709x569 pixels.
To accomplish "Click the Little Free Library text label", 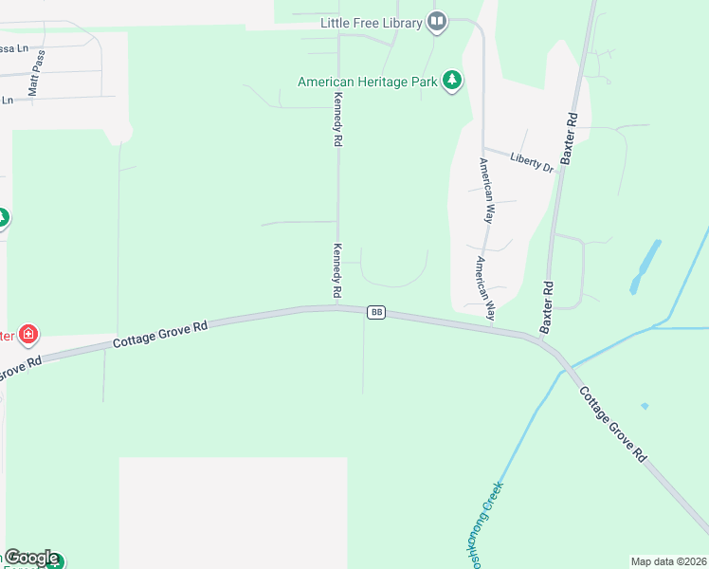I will point(371,23).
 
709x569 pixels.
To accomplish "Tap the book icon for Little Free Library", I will point(436,22).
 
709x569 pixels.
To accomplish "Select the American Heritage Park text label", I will point(367,82).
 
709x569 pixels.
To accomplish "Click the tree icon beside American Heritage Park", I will point(453,81).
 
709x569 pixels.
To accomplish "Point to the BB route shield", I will point(376,312).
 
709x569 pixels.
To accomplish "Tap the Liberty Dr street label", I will point(531,162).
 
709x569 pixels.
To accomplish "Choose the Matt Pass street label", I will point(36,73).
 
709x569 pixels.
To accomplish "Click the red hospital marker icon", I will point(29,334).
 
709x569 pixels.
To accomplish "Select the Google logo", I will point(30,558).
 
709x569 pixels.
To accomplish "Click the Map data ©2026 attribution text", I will point(668,560).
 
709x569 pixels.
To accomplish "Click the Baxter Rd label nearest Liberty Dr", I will point(569,139).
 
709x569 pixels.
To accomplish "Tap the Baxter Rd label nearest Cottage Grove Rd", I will point(546,306).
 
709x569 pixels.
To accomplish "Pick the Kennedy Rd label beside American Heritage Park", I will point(336,119).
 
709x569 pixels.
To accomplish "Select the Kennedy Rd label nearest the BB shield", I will point(336,267).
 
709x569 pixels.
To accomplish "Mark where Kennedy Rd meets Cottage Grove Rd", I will point(337,307).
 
